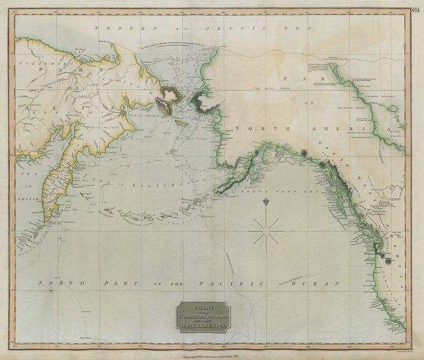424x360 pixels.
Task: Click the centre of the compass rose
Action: (x=266, y=229)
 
